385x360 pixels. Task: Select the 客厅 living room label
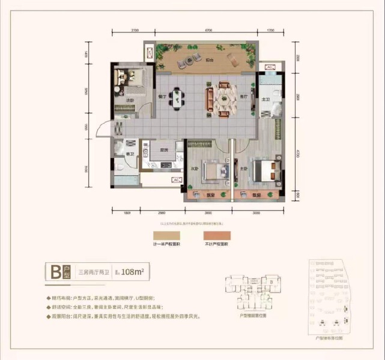[x=244, y=96]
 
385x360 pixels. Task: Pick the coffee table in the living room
[x=223, y=98]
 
